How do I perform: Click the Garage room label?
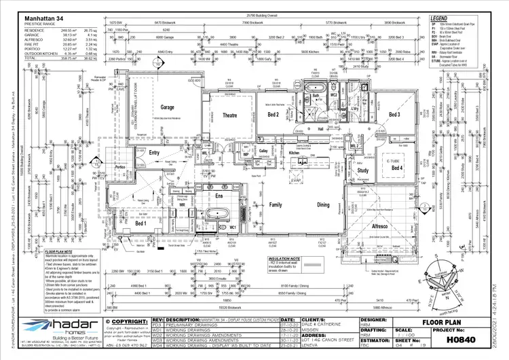[167, 107]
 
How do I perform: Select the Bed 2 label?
[273, 114]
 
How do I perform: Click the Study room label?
[363, 170]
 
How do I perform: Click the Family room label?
[276, 204]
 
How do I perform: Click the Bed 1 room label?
[140, 223]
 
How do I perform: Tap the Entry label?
[155, 153]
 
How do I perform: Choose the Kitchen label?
[295, 154]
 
